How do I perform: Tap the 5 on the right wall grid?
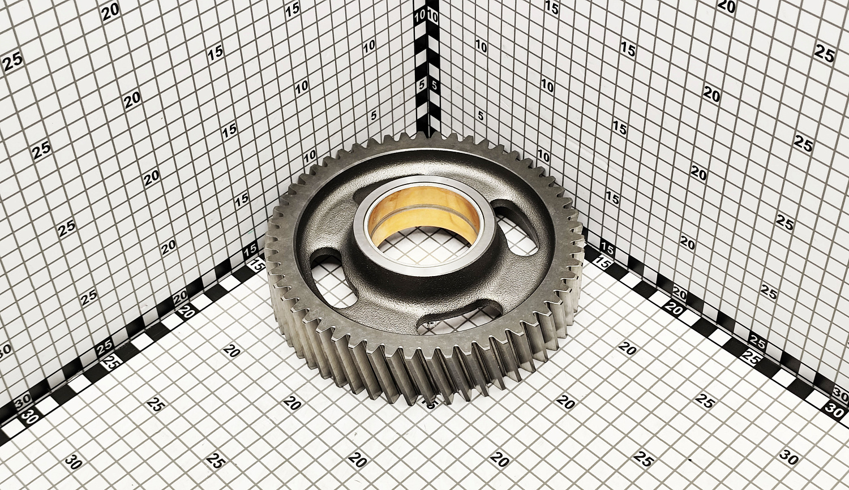tap(481, 115)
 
